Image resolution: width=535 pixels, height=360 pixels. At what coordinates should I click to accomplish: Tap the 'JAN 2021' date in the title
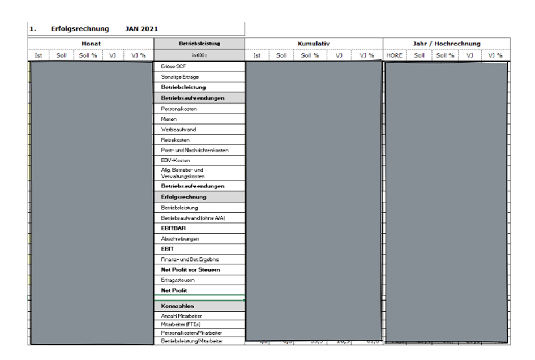point(142,29)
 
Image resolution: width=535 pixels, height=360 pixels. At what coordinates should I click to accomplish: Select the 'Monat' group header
point(91,44)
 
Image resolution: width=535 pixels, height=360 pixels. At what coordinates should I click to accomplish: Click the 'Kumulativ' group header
point(314,44)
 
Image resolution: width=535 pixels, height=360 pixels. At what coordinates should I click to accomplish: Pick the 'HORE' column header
point(395,55)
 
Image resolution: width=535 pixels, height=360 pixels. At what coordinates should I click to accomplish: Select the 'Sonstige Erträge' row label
point(180,76)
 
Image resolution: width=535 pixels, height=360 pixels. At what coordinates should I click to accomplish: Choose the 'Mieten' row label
point(169,119)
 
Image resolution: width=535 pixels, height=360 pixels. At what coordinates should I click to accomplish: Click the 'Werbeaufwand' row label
point(179,130)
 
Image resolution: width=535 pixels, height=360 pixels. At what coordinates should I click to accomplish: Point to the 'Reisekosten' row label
point(176,140)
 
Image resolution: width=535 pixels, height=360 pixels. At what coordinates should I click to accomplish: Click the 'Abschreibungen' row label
point(180,239)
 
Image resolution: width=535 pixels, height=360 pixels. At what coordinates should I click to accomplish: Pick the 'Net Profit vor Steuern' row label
point(190,270)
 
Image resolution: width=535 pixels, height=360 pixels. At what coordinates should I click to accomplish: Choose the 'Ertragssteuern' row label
point(178,280)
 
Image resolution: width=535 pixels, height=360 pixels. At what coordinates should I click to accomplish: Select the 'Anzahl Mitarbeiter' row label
point(182,316)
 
